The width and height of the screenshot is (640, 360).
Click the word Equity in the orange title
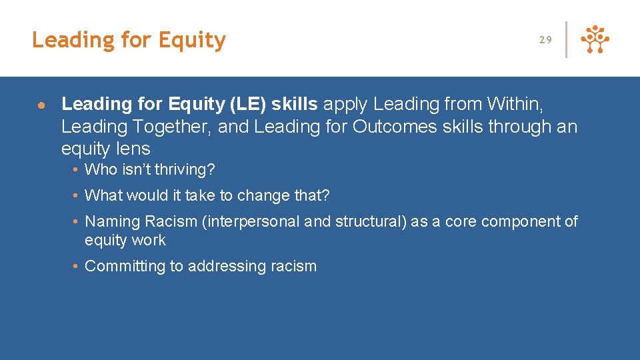pos(192,41)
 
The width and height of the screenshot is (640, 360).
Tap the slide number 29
pos(545,40)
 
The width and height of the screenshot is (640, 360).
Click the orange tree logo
pos(595,40)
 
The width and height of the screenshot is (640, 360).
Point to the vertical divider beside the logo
pos(566,40)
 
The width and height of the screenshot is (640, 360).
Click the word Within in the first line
pos(516,104)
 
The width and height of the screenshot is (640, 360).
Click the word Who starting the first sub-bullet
pos(101,170)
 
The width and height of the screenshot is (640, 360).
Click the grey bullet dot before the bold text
pos(41,105)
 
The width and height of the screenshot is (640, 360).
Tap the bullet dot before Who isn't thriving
pos(77,170)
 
